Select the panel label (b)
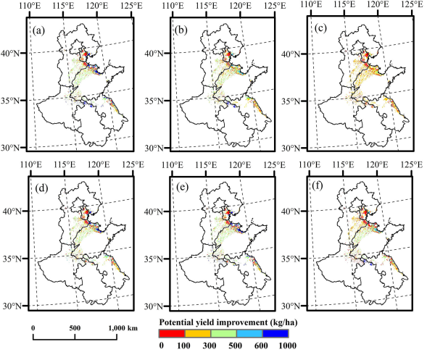181,31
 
